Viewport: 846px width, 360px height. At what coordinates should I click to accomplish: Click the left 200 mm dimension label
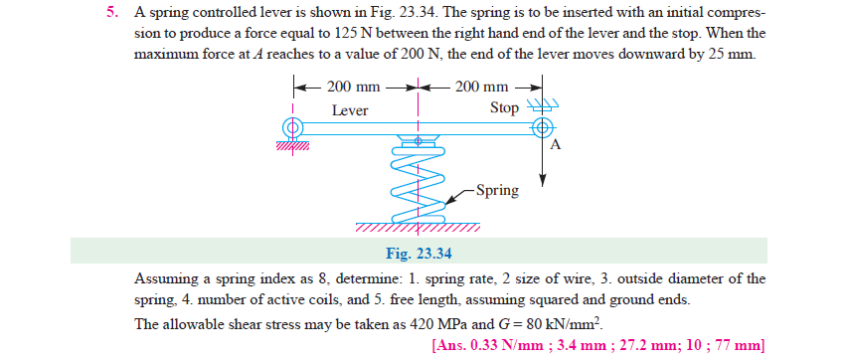point(353,87)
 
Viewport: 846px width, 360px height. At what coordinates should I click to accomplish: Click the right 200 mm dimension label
point(482,87)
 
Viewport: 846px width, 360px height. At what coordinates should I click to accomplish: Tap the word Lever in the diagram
point(350,110)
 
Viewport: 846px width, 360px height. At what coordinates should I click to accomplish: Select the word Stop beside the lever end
point(504,107)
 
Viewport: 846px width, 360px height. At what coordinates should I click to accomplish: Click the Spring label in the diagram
point(497,190)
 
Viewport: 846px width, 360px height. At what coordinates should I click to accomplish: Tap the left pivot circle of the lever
point(292,127)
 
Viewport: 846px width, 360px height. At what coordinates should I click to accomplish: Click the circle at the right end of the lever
point(542,127)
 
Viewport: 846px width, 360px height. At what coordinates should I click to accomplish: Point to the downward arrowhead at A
point(543,181)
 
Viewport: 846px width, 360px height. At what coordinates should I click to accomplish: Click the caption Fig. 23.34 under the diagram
point(420,252)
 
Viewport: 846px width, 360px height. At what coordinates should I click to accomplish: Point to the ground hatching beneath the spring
point(418,227)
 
